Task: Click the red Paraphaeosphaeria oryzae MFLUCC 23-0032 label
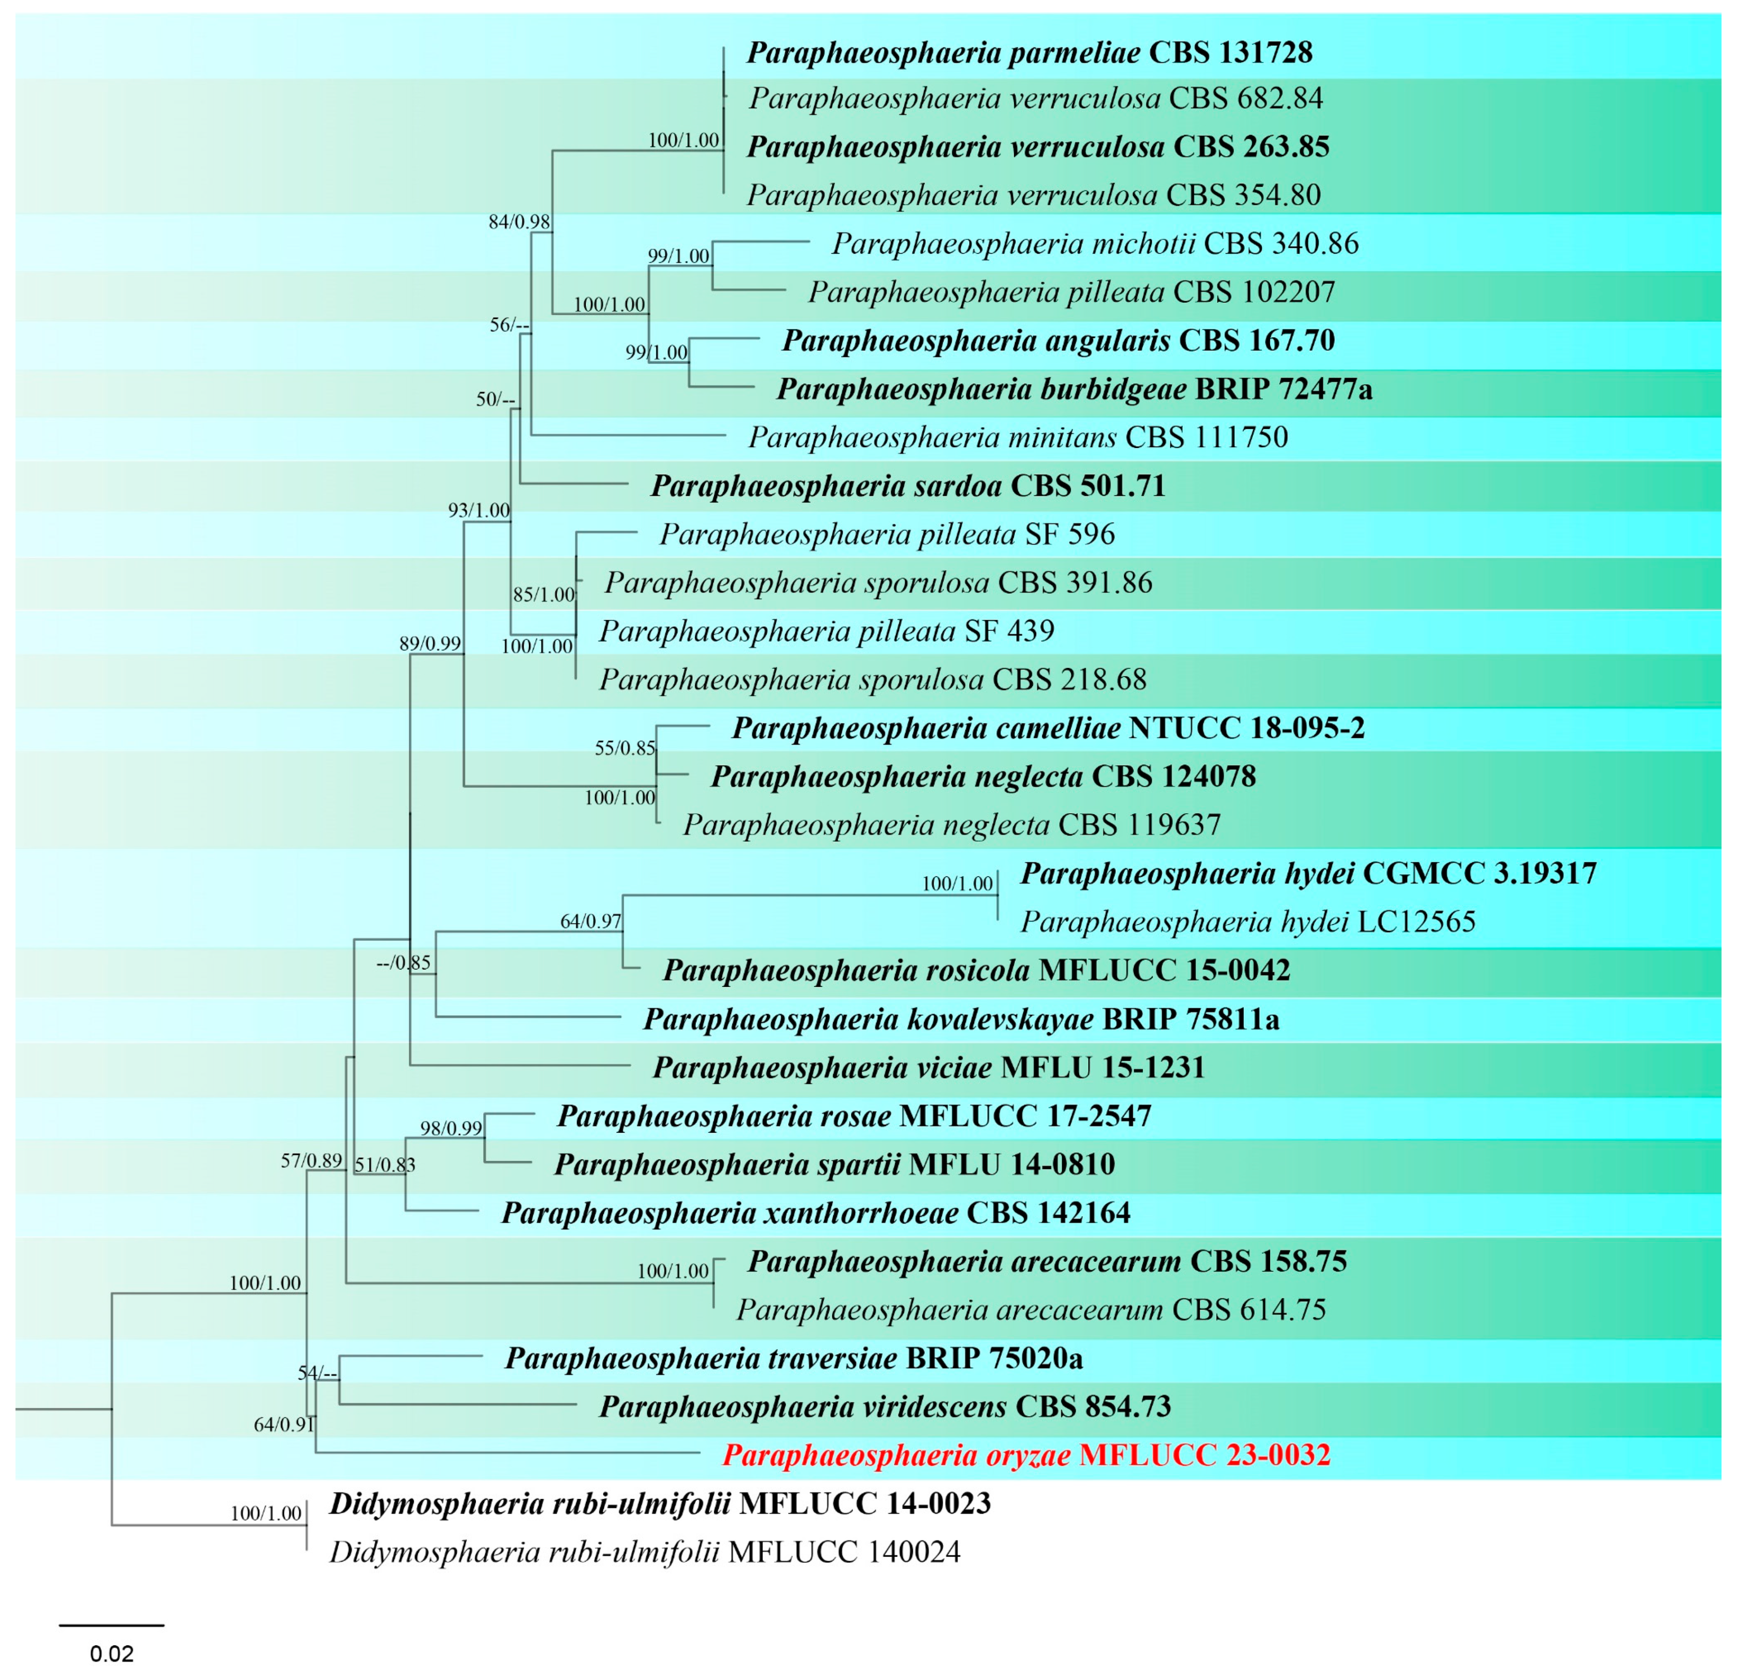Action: point(1026,1455)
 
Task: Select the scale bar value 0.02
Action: point(112,1653)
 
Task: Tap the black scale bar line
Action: point(112,1625)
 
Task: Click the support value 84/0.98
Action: point(519,222)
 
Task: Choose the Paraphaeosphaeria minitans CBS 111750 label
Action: point(1017,437)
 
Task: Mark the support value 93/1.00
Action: point(478,510)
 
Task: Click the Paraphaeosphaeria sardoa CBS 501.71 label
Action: point(908,486)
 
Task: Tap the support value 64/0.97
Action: point(590,922)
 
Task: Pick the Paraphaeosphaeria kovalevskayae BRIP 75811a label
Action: point(962,1019)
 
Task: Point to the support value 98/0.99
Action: point(451,1128)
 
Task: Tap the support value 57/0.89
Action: point(311,1161)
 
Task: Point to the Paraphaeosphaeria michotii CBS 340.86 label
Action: point(1095,244)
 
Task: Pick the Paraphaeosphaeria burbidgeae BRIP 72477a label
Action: point(1074,389)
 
